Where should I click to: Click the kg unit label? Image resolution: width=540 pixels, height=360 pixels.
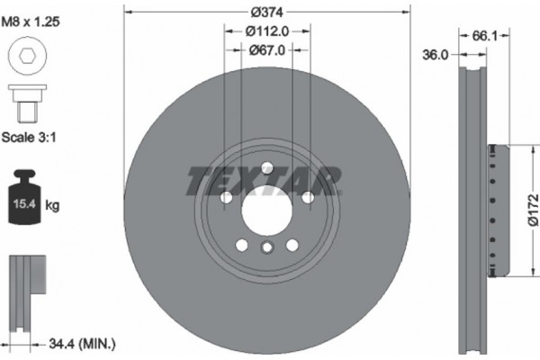[52, 206]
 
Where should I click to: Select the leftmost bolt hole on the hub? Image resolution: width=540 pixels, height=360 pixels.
[225, 197]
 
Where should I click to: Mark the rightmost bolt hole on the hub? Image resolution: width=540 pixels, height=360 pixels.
[307, 197]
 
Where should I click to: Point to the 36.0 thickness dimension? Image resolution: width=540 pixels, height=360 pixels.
[436, 56]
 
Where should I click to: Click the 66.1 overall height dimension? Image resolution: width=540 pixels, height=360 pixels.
[485, 36]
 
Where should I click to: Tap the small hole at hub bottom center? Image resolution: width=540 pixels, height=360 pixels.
[265, 248]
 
